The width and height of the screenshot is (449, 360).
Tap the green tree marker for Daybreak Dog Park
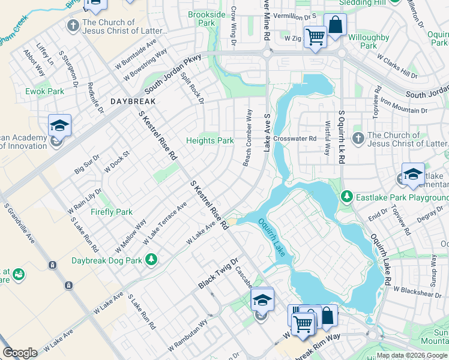(x=152, y=259)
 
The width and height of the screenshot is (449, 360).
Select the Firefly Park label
(x=111, y=212)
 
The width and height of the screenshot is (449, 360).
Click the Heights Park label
(x=209, y=140)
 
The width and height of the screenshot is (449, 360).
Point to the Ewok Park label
(x=44, y=91)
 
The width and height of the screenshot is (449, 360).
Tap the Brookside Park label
(x=206, y=19)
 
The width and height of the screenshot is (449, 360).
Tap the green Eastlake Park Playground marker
(x=346, y=196)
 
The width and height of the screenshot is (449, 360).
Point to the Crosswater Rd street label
(x=294, y=139)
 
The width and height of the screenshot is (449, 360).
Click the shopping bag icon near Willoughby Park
(x=335, y=25)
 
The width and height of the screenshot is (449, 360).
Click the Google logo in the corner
(x=20, y=353)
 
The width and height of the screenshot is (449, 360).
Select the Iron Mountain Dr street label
(x=402, y=110)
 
